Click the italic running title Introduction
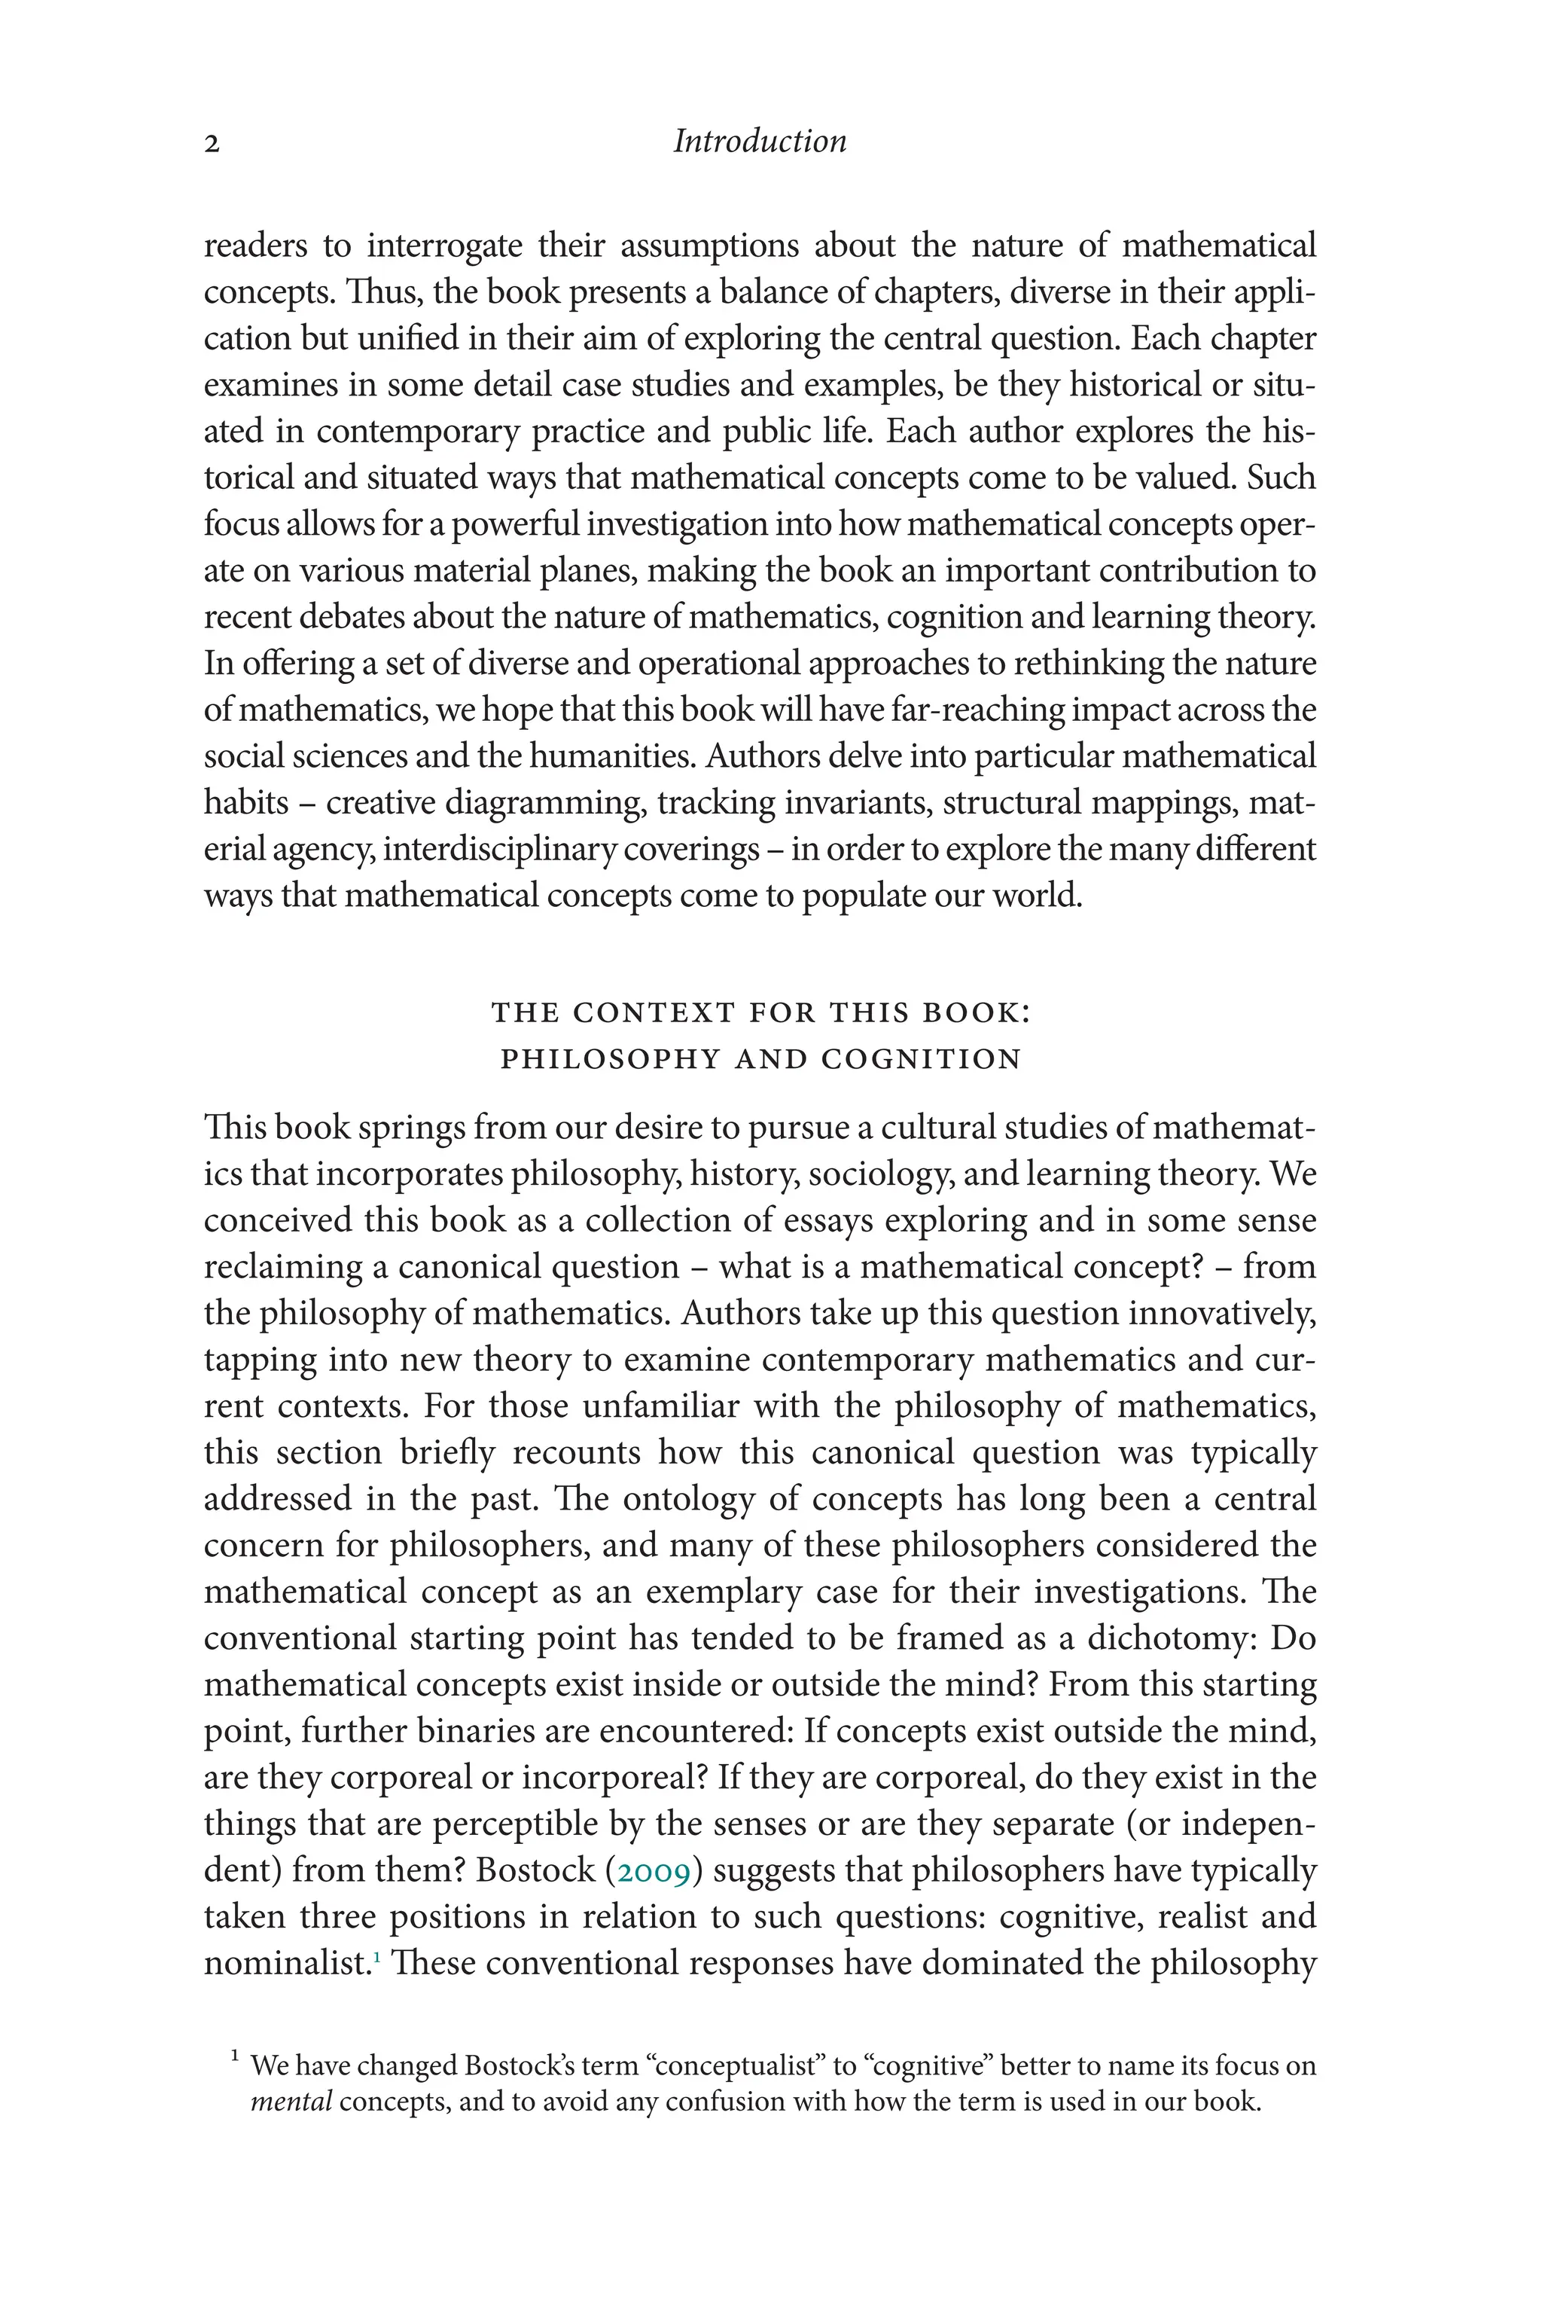(759, 142)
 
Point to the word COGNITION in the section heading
(922, 1060)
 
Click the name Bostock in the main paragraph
(536, 1870)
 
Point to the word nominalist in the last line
(286, 1964)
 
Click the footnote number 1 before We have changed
(235, 2056)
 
